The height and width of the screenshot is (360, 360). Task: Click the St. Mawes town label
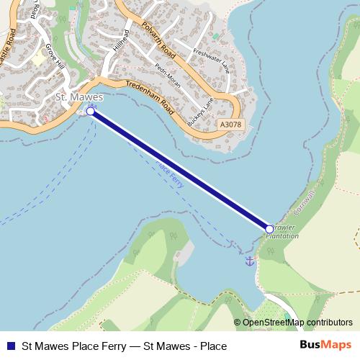coord(80,96)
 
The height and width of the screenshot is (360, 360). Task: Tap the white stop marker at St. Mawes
coord(91,112)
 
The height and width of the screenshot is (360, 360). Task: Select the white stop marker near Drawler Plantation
coord(269,229)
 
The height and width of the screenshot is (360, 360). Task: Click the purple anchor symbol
coord(250,261)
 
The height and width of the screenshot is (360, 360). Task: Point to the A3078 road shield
coord(230,125)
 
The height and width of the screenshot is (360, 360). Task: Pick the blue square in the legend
coord(9,346)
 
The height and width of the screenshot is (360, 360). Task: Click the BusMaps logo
coord(325,346)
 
